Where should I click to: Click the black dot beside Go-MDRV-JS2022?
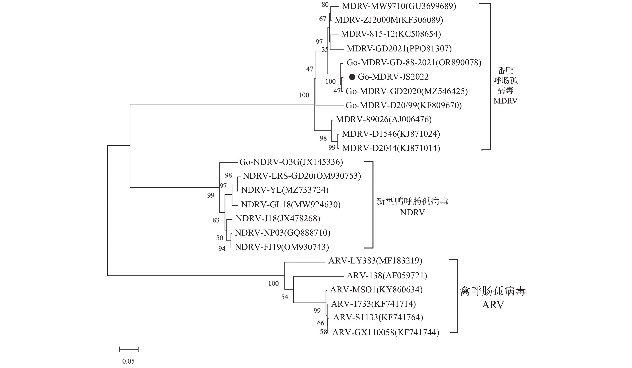click(x=352, y=77)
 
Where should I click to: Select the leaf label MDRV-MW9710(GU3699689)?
click(x=399, y=6)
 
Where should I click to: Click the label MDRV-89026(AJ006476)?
click(x=384, y=119)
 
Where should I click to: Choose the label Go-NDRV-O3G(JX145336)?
click(x=291, y=162)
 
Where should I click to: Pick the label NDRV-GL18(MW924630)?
click(x=291, y=204)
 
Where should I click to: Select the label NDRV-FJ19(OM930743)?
click(x=282, y=247)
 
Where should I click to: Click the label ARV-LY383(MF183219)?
click(x=375, y=261)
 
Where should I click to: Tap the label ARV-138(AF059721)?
click(x=387, y=276)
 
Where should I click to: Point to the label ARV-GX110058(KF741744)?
click(x=386, y=332)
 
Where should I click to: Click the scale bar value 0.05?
click(x=128, y=361)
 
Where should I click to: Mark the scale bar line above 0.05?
click(x=129, y=349)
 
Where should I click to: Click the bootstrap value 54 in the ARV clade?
click(x=285, y=297)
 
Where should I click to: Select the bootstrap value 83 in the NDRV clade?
click(x=216, y=220)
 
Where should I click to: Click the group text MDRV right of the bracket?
click(x=505, y=101)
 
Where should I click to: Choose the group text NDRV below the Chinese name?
click(x=412, y=212)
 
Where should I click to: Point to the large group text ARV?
click(x=493, y=305)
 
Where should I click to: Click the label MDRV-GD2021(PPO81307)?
click(x=399, y=48)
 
